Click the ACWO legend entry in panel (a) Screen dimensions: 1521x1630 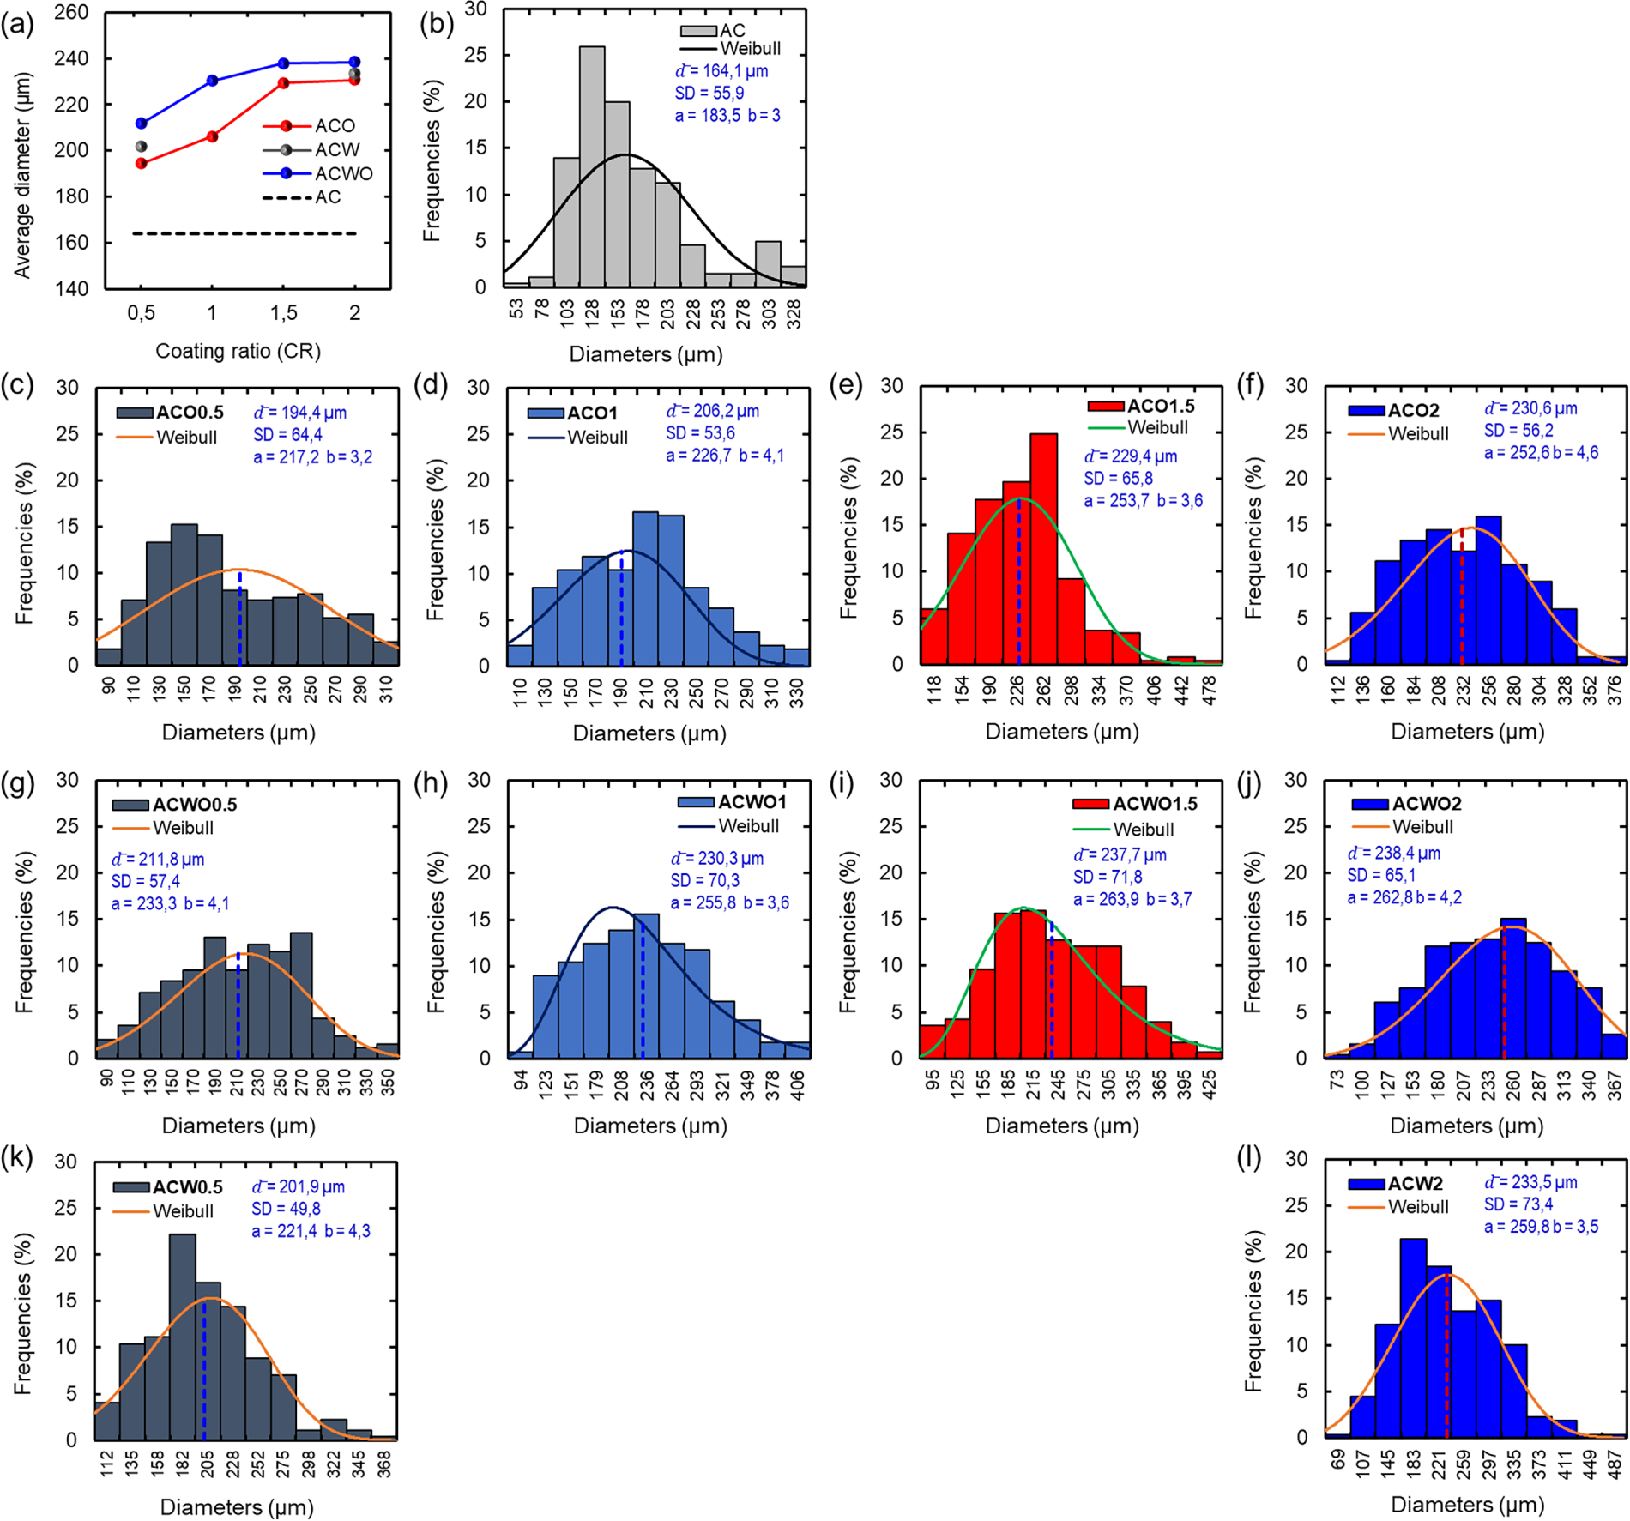(x=343, y=173)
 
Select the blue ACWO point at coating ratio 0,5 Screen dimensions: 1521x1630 (x=142, y=124)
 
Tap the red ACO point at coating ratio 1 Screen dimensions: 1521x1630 (x=213, y=136)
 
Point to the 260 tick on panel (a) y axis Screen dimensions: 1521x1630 (x=72, y=13)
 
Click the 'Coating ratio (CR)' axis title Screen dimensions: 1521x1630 (x=238, y=351)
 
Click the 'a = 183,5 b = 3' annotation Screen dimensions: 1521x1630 (x=727, y=115)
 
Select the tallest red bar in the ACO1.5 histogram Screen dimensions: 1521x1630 (x=1043, y=549)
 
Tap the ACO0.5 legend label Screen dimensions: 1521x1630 (x=190, y=413)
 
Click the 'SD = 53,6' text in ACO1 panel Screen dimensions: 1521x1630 (x=700, y=433)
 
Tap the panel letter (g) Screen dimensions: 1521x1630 (x=18, y=782)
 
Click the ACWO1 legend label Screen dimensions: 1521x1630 (x=752, y=802)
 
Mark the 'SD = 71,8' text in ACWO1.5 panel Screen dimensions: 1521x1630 (x=1108, y=877)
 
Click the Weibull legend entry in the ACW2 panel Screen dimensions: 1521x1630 (x=1418, y=1206)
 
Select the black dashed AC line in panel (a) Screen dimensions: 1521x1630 (x=244, y=233)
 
